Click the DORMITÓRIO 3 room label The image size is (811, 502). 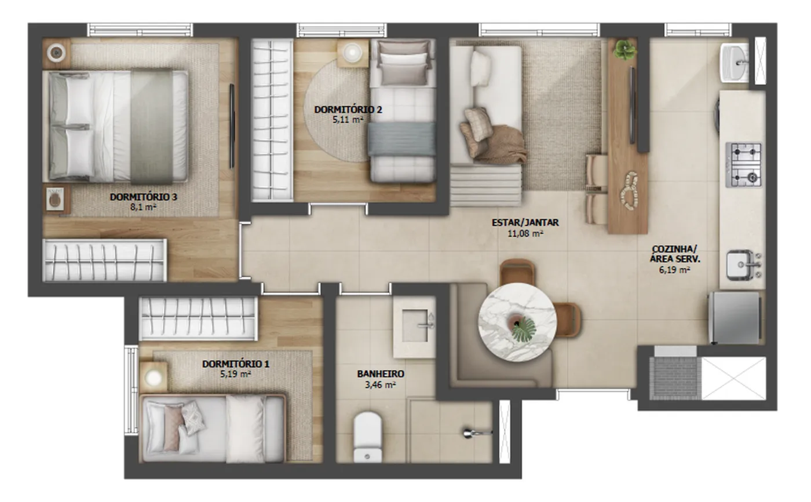(144, 197)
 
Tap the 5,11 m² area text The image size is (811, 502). (348, 119)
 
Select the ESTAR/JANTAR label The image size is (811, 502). (525, 222)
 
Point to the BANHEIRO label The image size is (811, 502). (381, 373)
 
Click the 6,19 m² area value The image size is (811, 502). (674, 270)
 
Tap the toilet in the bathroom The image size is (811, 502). (367, 437)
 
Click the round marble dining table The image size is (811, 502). (517, 322)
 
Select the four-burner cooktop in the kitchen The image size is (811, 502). (744, 165)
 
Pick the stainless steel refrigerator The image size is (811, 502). (735, 318)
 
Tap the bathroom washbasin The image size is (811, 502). (415, 327)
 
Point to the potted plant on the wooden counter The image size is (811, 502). (625, 50)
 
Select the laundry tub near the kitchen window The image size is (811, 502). (735, 63)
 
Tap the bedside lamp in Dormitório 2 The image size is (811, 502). (352, 53)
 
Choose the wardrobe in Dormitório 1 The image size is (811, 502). (198, 318)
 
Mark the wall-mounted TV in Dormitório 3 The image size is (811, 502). (232, 126)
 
